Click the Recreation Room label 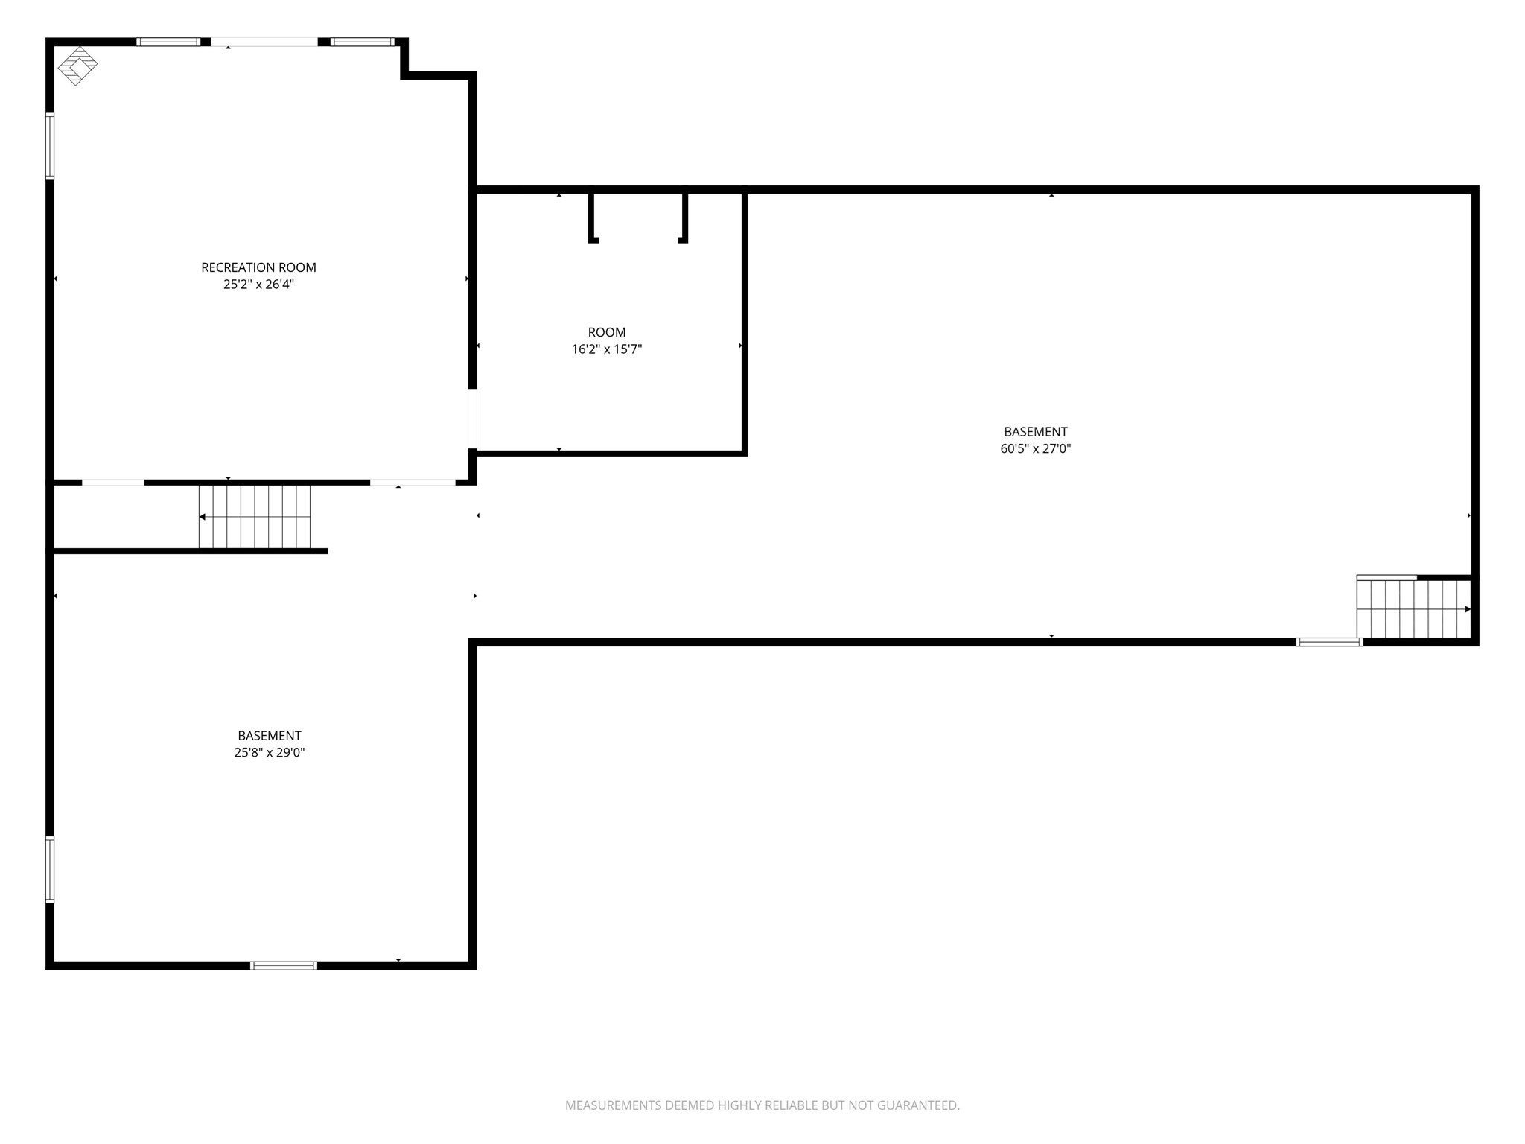point(258,267)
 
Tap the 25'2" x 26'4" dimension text point(258,285)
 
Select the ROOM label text point(607,332)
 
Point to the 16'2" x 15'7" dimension point(607,349)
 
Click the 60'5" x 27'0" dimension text point(1036,448)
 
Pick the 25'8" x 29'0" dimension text point(270,752)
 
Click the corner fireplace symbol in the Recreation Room point(77,67)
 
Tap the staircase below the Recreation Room point(254,517)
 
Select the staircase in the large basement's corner point(1414,608)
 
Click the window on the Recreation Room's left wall point(50,146)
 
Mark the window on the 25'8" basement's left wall point(50,870)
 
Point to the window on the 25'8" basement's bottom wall point(284,965)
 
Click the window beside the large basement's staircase point(1329,642)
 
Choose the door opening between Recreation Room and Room point(472,419)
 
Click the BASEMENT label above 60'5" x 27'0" point(1036,431)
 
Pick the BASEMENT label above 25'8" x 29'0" point(270,735)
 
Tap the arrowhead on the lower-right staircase point(1468,609)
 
